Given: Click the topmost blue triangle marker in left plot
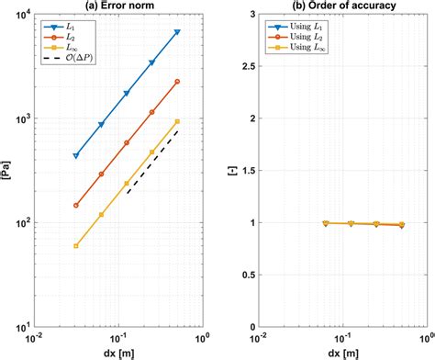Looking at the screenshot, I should tap(177, 32).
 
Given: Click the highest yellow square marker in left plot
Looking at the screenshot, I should tap(177, 121).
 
